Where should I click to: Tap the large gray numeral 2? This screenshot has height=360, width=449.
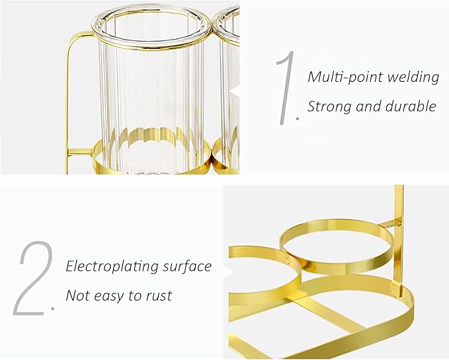[x=34, y=278]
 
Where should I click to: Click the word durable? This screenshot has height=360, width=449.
[x=411, y=106]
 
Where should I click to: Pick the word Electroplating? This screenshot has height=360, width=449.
[x=112, y=267]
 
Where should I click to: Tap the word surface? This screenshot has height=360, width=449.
[x=187, y=266]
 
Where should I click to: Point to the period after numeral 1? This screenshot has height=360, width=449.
[x=298, y=118]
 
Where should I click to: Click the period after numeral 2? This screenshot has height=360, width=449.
[x=52, y=308]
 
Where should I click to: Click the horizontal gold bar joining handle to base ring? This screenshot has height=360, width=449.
[x=81, y=152]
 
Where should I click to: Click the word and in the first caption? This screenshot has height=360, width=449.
[x=368, y=106]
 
